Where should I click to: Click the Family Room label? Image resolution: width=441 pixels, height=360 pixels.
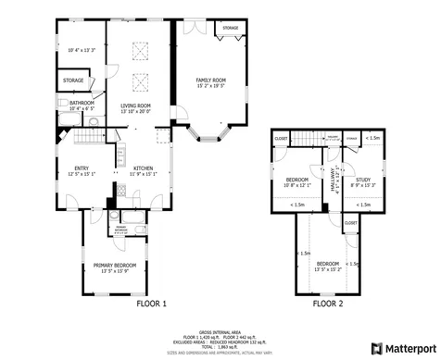pos(210,81)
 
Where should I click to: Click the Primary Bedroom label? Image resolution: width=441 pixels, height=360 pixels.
pos(117,266)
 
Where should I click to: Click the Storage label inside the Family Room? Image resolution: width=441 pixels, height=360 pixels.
pos(230,29)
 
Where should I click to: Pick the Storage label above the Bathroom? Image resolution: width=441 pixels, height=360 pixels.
pos(73,81)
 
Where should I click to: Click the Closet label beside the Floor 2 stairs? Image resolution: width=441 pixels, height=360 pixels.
pos(281,139)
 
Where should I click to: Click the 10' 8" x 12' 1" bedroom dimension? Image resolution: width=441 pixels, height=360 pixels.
pos(297,184)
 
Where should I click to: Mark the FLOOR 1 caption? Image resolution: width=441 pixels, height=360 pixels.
pos(151,303)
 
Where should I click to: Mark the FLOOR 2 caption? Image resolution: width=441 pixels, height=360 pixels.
pos(327,303)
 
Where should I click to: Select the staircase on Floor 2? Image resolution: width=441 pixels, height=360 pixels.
pos(307,139)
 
